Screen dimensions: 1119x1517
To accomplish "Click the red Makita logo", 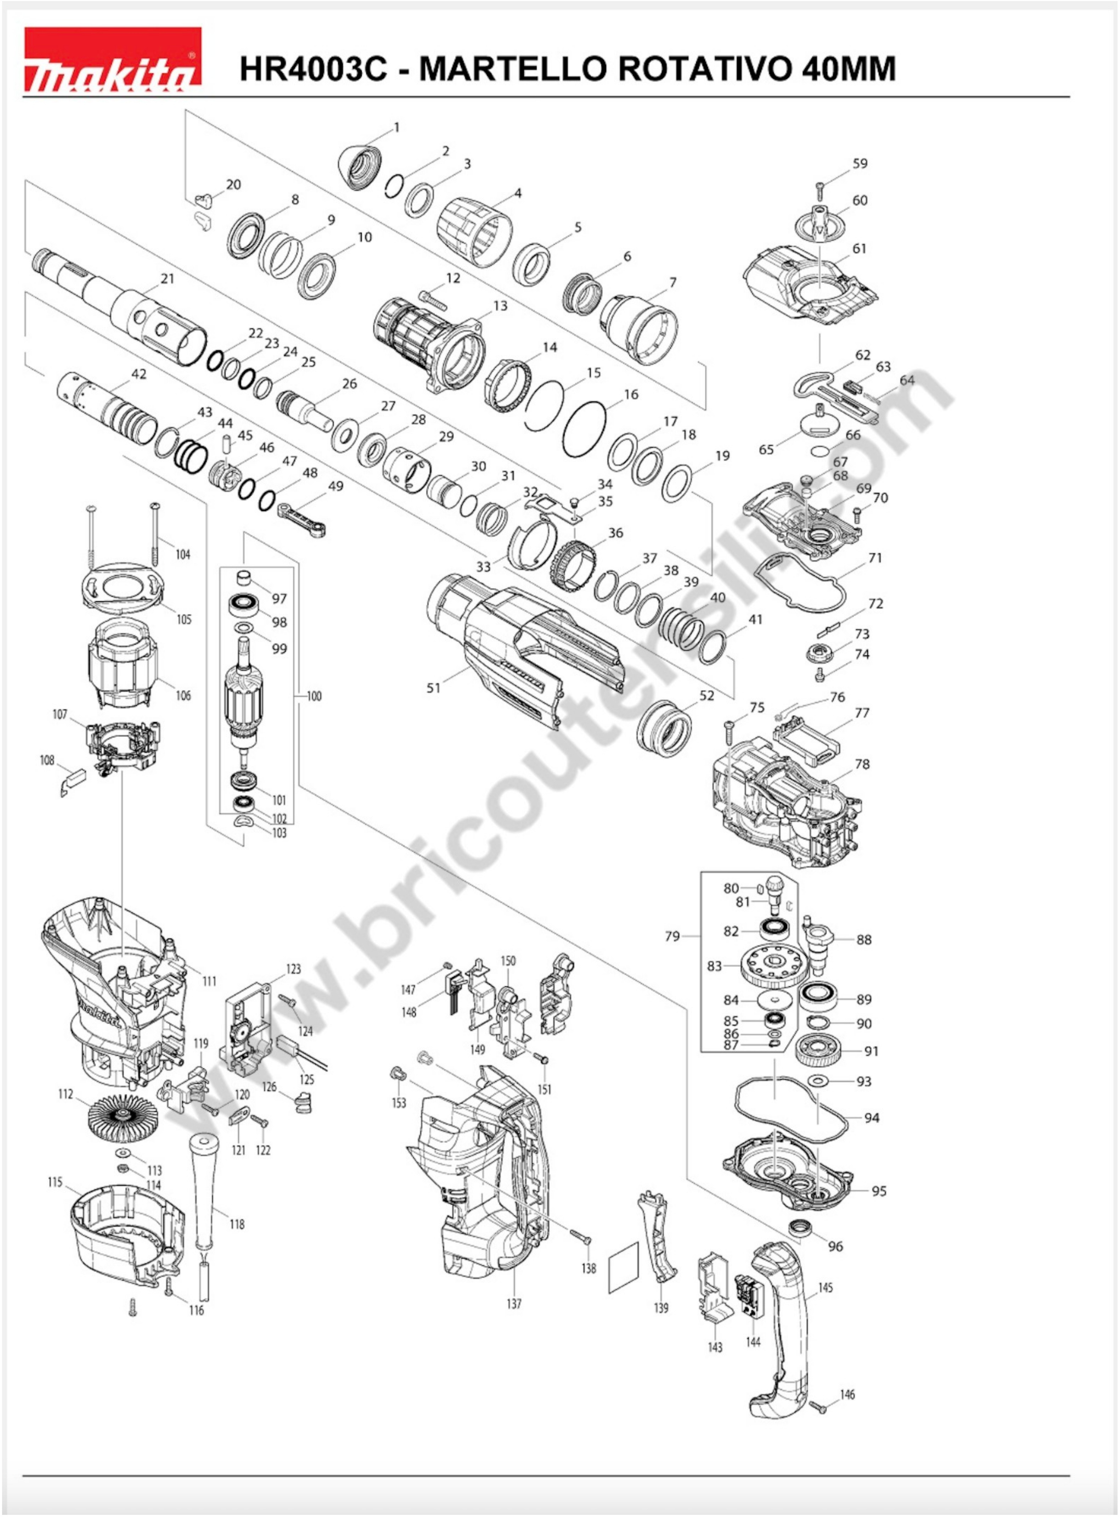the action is [113, 60].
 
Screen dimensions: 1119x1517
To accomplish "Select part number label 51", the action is [433, 687].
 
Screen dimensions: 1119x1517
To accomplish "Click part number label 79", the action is [672, 936].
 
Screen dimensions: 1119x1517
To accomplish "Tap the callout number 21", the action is [167, 279].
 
